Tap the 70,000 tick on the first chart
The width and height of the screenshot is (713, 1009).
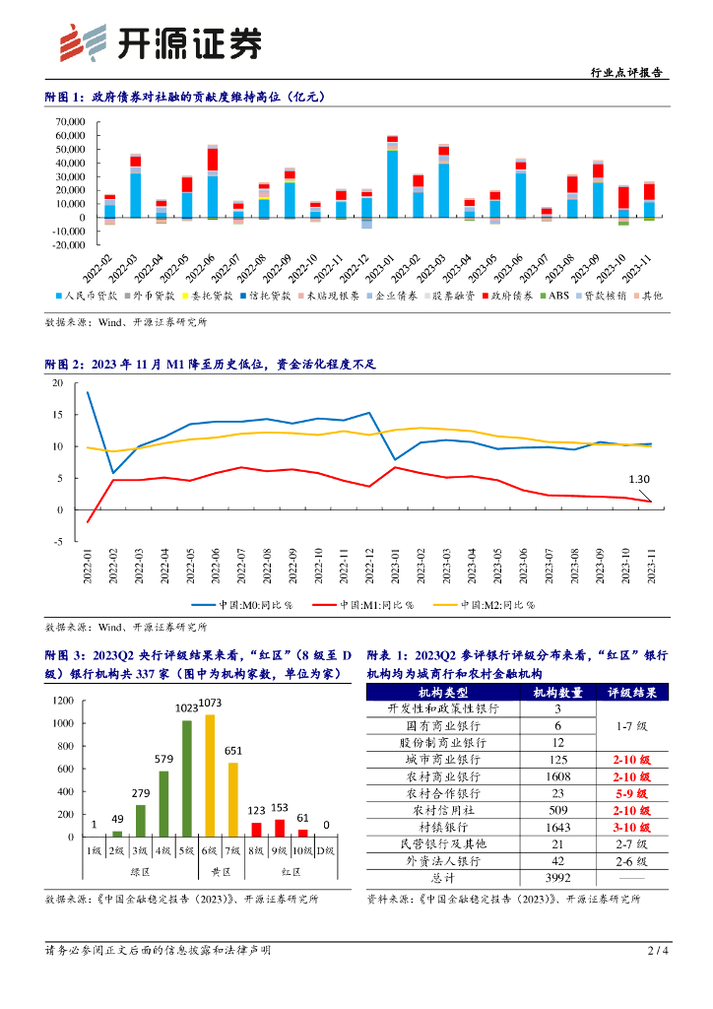69,122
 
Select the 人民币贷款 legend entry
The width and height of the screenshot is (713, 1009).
89,295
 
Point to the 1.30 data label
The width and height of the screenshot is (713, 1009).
640,480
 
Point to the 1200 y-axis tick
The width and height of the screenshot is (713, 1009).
63,701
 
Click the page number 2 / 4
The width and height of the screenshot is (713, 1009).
658,951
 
